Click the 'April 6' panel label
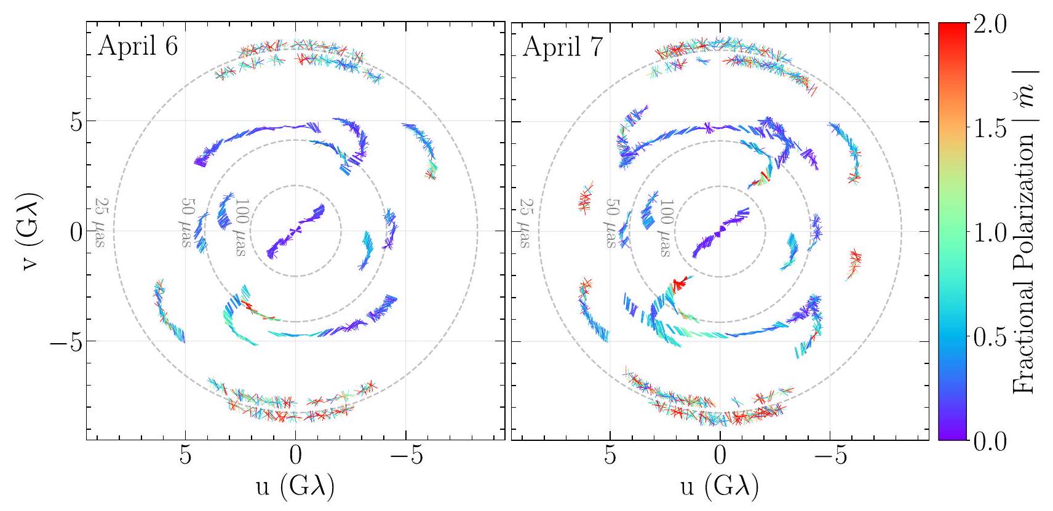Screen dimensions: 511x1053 point(138,47)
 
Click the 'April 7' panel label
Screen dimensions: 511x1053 point(562,47)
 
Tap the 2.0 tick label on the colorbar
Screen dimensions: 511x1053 point(990,26)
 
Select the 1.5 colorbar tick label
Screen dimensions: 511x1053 point(990,129)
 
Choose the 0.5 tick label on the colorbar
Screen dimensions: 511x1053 point(990,338)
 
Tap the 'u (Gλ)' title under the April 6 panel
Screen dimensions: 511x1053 point(295,487)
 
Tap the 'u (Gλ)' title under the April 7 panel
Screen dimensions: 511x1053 point(720,487)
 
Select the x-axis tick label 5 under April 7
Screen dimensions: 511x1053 point(610,459)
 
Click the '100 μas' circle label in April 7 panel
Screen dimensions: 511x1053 point(665,228)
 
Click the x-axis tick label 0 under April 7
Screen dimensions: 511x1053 point(720,459)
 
